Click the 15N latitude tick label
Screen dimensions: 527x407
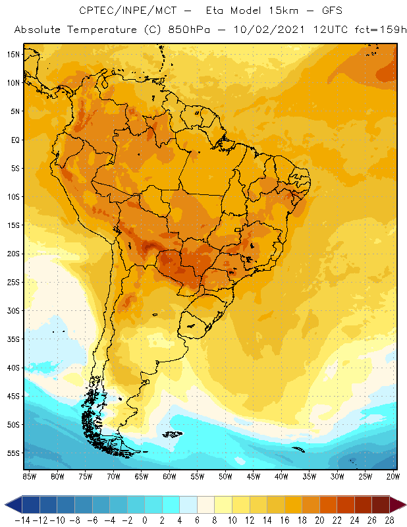click(x=13, y=54)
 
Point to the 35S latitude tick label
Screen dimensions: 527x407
click(x=13, y=339)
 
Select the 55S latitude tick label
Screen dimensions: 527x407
click(x=13, y=453)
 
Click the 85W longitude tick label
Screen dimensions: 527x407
click(x=30, y=476)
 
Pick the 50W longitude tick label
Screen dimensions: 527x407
click(x=226, y=476)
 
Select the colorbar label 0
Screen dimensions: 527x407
click(x=144, y=520)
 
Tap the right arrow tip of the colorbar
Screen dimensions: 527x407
click(x=404, y=505)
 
